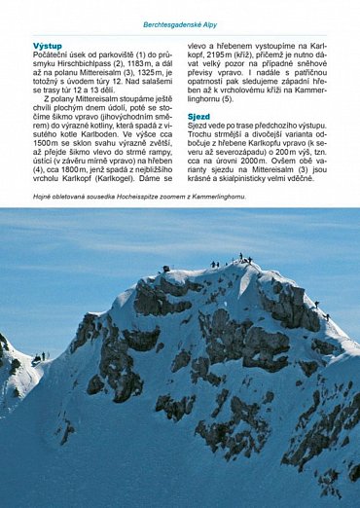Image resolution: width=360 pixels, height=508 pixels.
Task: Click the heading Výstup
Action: click(48, 46)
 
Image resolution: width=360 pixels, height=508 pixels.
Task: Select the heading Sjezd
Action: click(200, 116)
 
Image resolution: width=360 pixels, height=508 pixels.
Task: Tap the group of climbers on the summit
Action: click(237, 259)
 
